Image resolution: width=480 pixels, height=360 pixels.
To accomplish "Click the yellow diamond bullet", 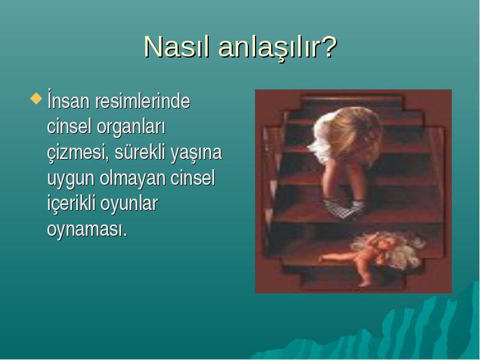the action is (37, 98).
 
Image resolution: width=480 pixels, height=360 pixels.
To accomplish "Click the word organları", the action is (131, 127).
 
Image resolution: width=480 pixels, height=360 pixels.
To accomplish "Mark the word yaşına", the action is (196, 154).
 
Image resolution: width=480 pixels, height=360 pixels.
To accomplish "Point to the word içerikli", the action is (72, 204).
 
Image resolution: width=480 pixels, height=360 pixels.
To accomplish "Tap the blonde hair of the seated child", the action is (349, 132).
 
